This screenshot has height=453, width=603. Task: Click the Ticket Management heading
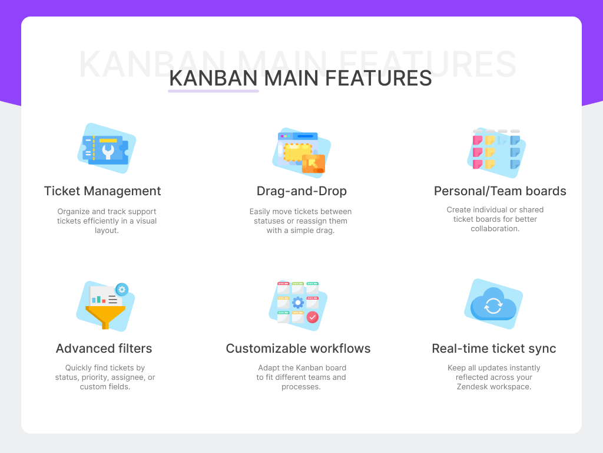coord(102,191)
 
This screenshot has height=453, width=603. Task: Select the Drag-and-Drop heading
coord(301,191)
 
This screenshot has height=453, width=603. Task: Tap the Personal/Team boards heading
coord(500,191)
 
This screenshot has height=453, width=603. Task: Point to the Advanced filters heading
coord(104,349)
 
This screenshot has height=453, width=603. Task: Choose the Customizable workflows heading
coord(298,349)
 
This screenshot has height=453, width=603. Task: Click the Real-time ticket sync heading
coord(493,349)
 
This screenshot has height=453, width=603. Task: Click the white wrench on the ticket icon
coord(108,151)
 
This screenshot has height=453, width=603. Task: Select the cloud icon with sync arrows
coord(493,304)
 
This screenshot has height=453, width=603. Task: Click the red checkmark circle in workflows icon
coord(313,317)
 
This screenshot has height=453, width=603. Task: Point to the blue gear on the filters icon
coord(122,289)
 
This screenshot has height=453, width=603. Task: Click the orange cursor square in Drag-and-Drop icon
coord(313,163)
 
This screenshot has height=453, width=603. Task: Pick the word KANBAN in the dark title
coord(213,78)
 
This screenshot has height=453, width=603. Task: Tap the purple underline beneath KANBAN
coord(213,91)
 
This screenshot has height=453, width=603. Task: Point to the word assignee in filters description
coord(132,377)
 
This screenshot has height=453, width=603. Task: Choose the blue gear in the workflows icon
coord(297,303)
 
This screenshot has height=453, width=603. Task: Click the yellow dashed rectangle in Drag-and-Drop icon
coord(297,152)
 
